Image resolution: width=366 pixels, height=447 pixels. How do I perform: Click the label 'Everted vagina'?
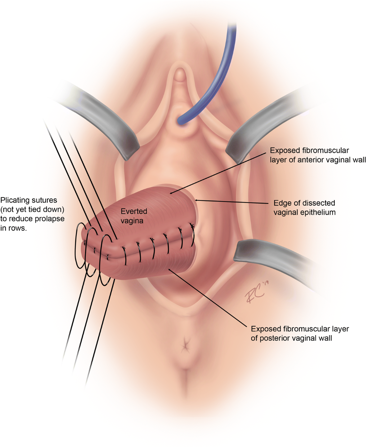pyautogui.click(x=134, y=216)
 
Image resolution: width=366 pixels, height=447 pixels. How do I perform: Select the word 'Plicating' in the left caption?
pyautogui.click(x=15, y=200)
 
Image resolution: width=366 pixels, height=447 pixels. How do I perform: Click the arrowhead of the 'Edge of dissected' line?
pyautogui.click(x=196, y=200)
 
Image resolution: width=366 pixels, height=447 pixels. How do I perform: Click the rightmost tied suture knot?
pyautogui.click(x=192, y=226)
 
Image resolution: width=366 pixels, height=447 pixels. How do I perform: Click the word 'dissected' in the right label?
pyautogui.click(x=319, y=203)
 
